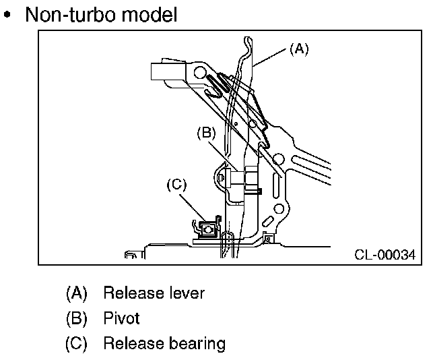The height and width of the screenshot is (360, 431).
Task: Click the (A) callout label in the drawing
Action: (x=299, y=49)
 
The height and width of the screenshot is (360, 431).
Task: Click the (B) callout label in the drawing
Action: (x=207, y=133)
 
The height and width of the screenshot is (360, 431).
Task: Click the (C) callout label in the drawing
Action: (x=176, y=185)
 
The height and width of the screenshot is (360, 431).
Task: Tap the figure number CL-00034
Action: (x=385, y=255)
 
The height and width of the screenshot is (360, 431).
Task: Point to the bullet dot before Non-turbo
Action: (x=7, y=14)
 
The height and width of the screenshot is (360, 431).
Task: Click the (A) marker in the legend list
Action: (x=76, y=293)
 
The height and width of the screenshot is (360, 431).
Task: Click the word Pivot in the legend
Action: (x=121, y=318)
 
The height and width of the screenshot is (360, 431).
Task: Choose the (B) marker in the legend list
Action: (x=76, y=318)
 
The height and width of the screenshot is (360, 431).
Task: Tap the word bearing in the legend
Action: (x=197, y=344)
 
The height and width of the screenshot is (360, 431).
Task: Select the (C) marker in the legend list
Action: (x=76, y=344)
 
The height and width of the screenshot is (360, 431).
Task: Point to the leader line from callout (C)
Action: (x=193, y=208)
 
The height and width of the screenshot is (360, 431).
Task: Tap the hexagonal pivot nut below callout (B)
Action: (x=251, y=179)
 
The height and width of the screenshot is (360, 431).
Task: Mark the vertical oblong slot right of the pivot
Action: (x=277, y=185)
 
